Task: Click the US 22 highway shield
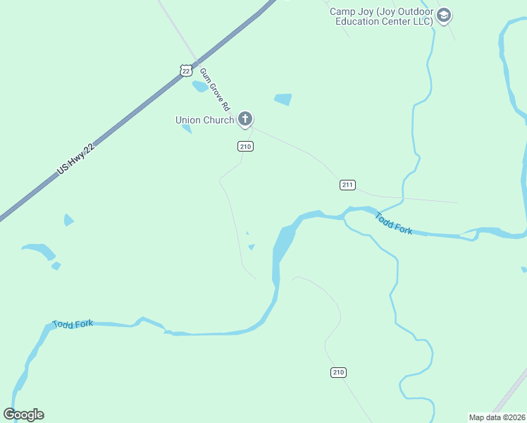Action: [x=185, y=70]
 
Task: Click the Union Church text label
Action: [x=204, y=120]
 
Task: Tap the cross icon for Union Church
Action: [x=245, y=118]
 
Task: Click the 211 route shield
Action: [x=347, y=185]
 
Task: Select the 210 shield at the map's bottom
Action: [x=339, y=372]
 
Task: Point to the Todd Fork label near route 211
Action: [x=394, y=223]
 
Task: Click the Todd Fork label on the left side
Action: [x=73, y=324]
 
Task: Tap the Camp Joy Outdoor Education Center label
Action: [x=383, y=16]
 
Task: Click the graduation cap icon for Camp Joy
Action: [x=444, y=16]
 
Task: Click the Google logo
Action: [x=23, y=415]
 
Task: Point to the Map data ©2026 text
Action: [x=497, y=417]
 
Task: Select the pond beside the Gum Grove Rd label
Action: [x=200, y=87]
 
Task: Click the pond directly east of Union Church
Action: [x=283, y=99]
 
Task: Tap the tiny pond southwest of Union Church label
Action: [x=187, y=128]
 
